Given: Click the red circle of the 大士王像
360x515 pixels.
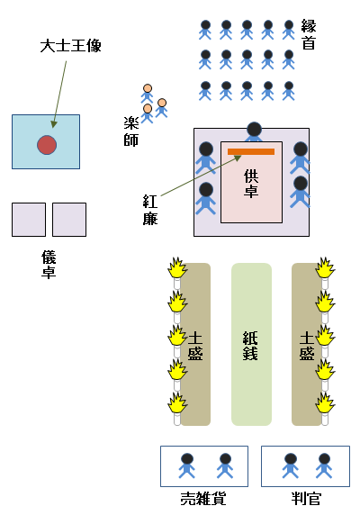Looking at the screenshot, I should [x=46, y=144].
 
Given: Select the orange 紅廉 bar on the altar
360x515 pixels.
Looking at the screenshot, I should [x=250, y=151].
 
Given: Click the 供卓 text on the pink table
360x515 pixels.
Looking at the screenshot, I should [x=252, y=183].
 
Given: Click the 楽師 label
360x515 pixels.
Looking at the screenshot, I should [x=131, y=131].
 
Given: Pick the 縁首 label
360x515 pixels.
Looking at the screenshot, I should [x=309, y=34].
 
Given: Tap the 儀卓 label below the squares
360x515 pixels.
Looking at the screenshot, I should [x=49, y=263].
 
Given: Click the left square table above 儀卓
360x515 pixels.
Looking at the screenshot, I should [x=29, y=220].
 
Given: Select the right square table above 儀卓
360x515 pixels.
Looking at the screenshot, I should [x=69, y=220].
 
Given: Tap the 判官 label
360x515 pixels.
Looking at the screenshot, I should [x=307, y=498].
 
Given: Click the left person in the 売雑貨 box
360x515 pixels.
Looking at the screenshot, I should [x=186, y=465].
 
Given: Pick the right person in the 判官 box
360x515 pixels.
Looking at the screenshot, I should [x=324, y=465].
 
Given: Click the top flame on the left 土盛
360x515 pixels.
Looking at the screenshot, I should [x=177, y=268].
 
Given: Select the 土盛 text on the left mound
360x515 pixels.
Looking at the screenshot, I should [x=194, y=346].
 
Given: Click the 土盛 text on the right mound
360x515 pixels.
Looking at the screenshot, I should [x=306, y=346].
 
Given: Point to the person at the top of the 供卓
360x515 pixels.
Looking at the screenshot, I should [x=255, y=132].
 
